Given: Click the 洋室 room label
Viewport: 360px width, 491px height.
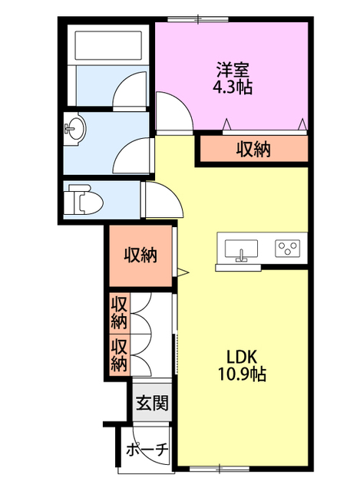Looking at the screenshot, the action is click(x=233, y=70).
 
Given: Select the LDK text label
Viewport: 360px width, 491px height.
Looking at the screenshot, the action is click(x=242, y=357).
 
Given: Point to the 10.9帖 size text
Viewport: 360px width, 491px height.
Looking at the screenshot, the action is click(x=242, y=374).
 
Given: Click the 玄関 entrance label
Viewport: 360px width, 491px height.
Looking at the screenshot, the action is click(x=152, y=403).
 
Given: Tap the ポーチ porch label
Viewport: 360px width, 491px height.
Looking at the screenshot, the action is click(x=147, y=450).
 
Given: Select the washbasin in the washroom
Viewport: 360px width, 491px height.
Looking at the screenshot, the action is click(x=74, y=128).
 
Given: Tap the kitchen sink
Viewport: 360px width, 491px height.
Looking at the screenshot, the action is click(x=241, y=249).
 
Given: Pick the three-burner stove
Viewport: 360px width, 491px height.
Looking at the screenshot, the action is click(x=287, y=249).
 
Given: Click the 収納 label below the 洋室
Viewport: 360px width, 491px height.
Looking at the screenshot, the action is click(x=253, y=149).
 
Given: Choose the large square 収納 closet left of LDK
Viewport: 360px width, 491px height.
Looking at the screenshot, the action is click(x=140, y=255).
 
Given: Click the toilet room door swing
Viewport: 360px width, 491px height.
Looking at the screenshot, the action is click(x=163, y=199).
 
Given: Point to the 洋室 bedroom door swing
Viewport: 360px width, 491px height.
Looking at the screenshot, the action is click(x=174, y=110).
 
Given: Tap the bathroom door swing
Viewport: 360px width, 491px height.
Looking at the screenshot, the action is click(x=130, y=90).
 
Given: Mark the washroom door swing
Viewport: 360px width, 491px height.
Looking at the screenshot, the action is click(x=132, y=156).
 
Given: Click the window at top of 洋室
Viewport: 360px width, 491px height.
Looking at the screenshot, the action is click(x=198, y=19).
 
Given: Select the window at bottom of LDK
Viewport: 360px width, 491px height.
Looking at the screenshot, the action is click(x=220, y=469).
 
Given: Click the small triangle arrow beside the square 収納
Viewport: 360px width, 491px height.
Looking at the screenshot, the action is click(x=183, y=272).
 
